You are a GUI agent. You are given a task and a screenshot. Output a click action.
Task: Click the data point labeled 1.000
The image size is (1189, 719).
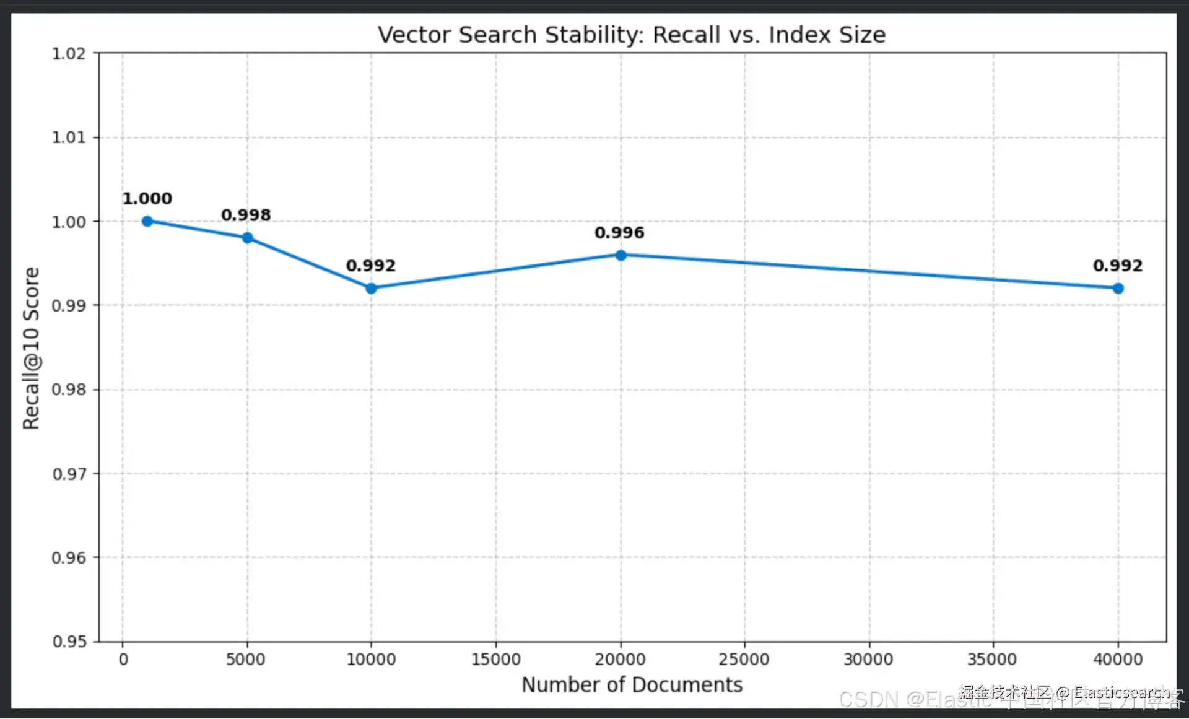click(x=147, y=221)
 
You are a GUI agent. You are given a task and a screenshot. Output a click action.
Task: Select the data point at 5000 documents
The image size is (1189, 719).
click(x=247, y=238)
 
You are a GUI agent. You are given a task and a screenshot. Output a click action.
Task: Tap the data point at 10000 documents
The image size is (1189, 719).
click(x=371, y=288)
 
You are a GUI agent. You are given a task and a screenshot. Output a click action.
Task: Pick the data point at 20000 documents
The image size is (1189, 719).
click(x=621, y=255)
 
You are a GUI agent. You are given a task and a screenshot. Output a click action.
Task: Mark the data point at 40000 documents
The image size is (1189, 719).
click(x=1118, y=288)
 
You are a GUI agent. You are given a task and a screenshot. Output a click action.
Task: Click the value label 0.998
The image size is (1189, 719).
click(x=246, y=215)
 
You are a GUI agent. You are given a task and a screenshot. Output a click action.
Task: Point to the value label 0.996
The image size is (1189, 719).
click(x=619, y=233)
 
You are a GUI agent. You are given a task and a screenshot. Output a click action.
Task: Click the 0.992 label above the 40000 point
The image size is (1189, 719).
click(x=1117, y=266)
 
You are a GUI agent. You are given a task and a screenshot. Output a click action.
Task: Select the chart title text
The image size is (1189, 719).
click(x=632, y=35)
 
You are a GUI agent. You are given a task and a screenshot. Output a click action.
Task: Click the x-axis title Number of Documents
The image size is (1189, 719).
click(x=632, y=684)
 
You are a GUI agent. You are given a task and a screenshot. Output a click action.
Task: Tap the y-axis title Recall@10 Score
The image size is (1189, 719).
click(x=31, y=348)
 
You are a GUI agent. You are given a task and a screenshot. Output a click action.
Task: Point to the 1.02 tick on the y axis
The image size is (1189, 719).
click(x=69, y=54)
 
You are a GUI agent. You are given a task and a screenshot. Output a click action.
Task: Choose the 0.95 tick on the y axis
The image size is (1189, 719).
click(x=69, y=642)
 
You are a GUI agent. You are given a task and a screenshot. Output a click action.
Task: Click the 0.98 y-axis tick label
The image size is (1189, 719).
click(x=69, y=390)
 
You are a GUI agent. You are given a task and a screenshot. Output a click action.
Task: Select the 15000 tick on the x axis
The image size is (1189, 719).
click(x=495, y=660)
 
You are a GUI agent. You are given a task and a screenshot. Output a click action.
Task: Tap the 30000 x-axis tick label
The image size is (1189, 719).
click(x=868, y=660)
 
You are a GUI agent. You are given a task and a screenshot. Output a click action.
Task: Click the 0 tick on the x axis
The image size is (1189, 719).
click(x=123, y=660)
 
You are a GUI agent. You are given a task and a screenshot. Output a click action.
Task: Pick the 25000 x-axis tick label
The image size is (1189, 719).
click(x=744, y=660)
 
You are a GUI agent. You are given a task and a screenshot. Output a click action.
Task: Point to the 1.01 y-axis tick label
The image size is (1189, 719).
click(x=69, y=137)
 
